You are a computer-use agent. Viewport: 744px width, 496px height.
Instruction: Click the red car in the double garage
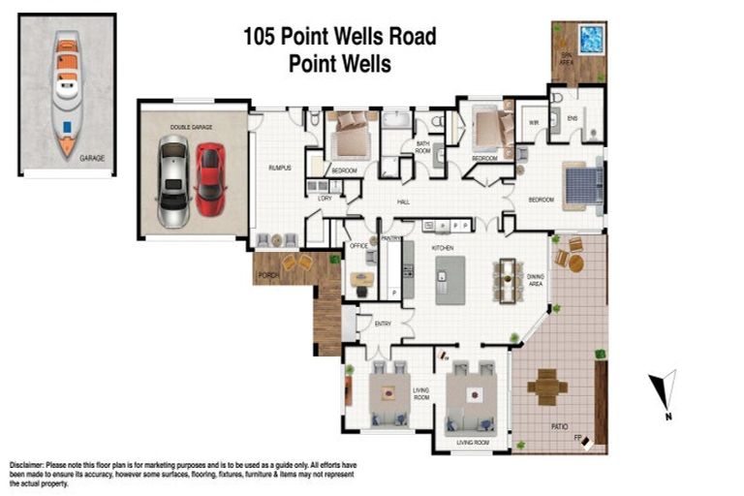tap(209, 180)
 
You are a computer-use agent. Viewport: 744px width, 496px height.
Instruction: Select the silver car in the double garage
tap(173, 181)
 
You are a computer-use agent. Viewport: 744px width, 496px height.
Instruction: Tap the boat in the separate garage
tap(66, 93)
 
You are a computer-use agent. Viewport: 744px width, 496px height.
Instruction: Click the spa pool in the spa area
tap(591, 40)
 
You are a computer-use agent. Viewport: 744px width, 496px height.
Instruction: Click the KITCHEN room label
tap(443, 249)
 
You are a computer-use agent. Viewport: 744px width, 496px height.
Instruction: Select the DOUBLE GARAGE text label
tap(191, 127)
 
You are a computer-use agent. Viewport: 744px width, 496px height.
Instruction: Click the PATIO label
tap(559, 426)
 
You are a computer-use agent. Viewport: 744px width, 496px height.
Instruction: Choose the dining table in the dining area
tap(507, 280)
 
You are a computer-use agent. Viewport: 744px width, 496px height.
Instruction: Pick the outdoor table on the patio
tap(546, 387)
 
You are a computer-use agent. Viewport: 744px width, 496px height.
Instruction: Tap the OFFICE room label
tap(358, 247)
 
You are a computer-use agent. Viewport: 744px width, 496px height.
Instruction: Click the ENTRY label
tap(383, 324)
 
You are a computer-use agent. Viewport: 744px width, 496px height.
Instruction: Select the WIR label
tap(533, 123)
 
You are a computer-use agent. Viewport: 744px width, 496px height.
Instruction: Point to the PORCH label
tap(267, 276)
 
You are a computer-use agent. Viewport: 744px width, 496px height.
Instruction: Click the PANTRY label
tap(390, 237)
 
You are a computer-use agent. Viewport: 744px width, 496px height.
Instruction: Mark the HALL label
tap(404, 201)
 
